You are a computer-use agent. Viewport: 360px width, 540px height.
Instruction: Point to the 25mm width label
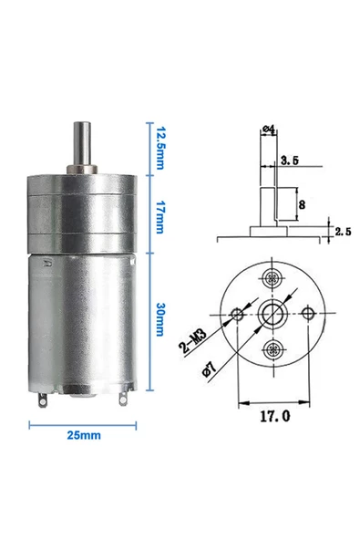pyautogui.click(x=82, y=436)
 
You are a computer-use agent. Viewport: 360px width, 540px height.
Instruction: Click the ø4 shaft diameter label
pyautogui.click(x=269, y=130)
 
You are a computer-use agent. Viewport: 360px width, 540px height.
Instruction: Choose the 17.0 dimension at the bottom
pyautogui.click(x=273, y=417)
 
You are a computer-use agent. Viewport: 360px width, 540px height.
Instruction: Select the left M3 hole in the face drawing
pyautogui.click(x=238, y=315)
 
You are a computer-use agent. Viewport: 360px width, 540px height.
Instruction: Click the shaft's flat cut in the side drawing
pyautogui.click(x=282, y=204)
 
